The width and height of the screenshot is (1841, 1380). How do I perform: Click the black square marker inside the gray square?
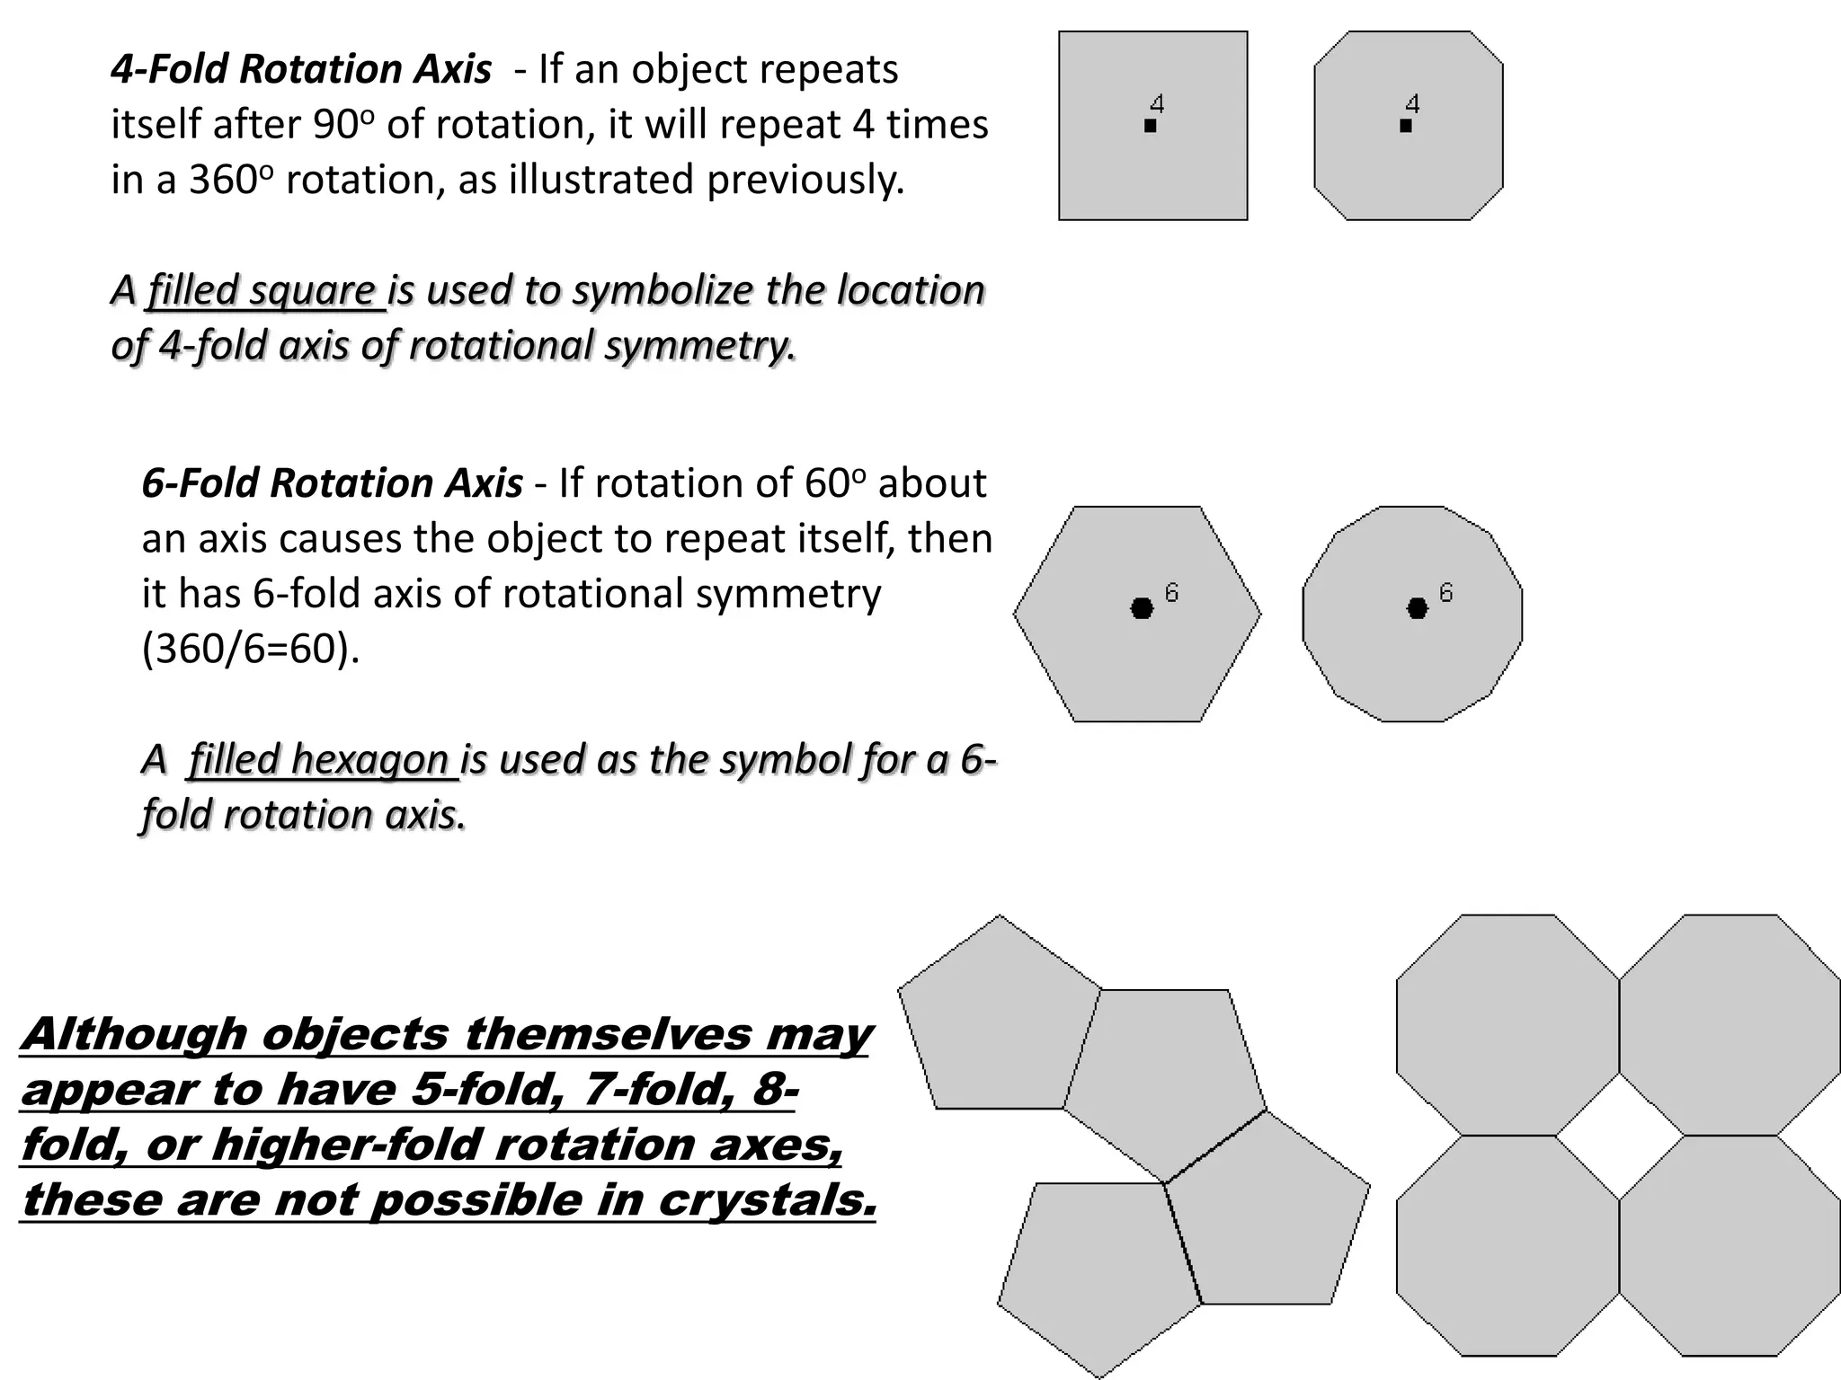point(1151,127)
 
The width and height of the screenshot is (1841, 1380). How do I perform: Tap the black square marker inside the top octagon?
point(1406,127)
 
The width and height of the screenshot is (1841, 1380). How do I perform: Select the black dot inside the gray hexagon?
point(1142,608)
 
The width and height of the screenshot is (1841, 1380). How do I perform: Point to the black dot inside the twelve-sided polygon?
point(1417,608)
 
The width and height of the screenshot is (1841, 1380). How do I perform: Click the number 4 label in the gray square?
point(1158,104)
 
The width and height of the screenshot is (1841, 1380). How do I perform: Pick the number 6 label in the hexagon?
point(1171,592)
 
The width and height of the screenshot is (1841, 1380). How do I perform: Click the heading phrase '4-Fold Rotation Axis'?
point(301,69)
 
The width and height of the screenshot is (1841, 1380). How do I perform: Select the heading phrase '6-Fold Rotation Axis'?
point(332,483)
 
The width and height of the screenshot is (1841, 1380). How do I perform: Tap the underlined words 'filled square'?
point(262,290)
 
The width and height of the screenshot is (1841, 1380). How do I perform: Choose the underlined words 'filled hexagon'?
point(319,759)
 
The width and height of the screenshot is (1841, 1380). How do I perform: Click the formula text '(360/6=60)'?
point(251,649)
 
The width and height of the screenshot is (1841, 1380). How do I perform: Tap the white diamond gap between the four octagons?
point(1619,1136)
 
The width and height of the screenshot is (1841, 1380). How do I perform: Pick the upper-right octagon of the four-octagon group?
point(1730,1024)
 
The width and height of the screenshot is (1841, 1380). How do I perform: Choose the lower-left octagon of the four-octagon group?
point(1507,1246)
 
